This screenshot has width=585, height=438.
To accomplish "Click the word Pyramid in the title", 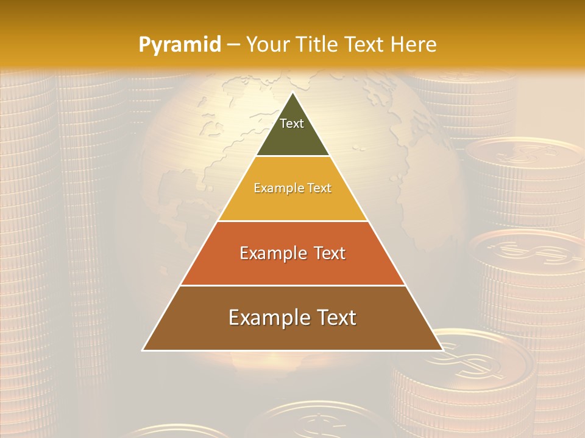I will [x=179, y=45].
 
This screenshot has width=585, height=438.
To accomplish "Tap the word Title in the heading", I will [x=321, y=44].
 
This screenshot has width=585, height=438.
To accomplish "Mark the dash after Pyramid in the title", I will [x=233, y=45].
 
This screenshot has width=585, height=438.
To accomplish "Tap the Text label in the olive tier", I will [x=292, y=123].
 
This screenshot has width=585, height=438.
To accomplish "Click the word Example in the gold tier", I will [x=272, y=189].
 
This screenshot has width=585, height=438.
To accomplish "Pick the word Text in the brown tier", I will [x=334, y=318].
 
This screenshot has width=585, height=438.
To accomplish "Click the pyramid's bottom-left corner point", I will [x=143, y=350].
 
